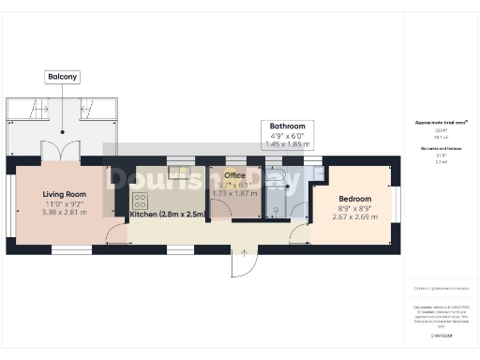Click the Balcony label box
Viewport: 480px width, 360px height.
pos(63,77)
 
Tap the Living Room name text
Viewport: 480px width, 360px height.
pos(65,195)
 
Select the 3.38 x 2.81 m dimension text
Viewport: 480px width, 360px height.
pos(65,213)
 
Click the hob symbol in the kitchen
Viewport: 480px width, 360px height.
pos(141,201)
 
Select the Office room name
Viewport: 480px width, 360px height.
pos(234,175)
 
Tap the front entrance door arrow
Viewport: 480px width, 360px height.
pos(244,251)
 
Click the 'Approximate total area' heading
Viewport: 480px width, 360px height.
pos(442,123)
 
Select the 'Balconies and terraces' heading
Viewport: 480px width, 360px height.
pos(442,149)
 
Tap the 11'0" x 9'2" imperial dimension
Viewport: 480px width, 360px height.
pos(65,204)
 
